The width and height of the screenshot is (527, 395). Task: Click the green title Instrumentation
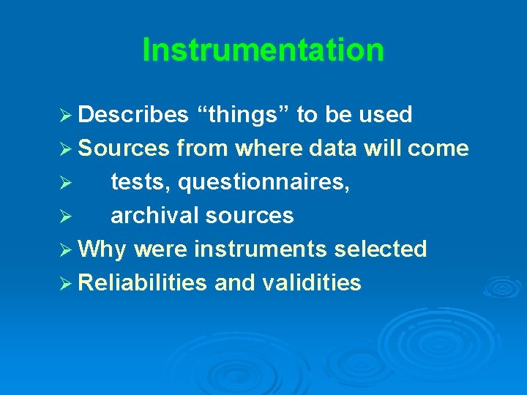(263, 50)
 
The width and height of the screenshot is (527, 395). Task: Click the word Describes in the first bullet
(132, 115)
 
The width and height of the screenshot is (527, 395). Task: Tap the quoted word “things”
(245, 115)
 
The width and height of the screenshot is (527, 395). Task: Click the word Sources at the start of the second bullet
(123, 148)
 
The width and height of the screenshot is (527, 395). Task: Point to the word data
(333, 148)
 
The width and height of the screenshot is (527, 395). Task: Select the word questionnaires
(264, 182)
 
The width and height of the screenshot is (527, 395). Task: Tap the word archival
(154, 216)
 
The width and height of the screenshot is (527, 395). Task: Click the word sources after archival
(250, 216)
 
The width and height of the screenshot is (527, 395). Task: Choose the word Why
(102, 249)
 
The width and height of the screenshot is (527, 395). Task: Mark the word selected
(381, 249)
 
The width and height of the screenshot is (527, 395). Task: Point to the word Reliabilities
(142, 283)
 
